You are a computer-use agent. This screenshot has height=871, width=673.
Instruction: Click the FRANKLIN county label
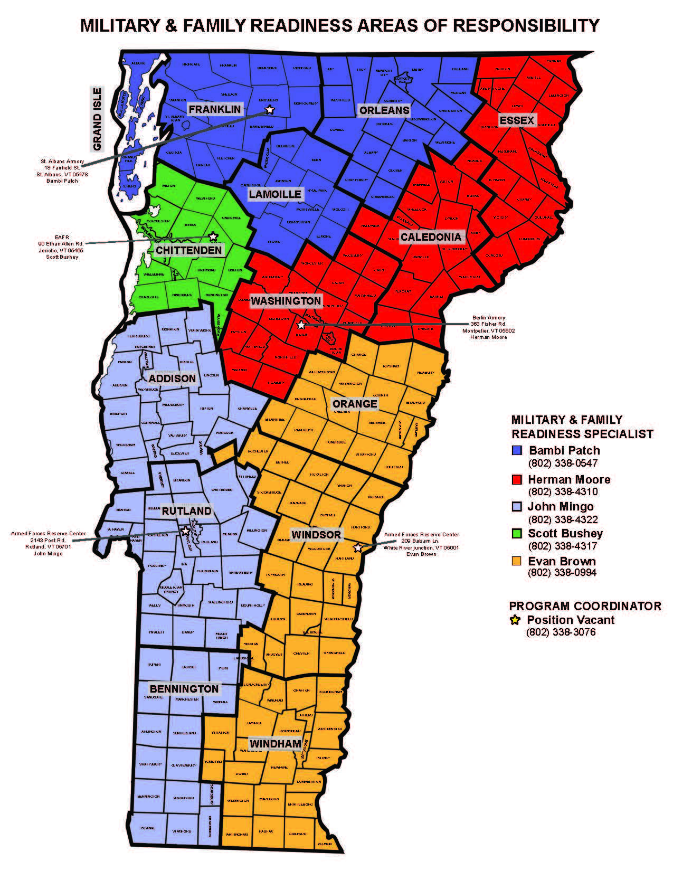click(x=215, y=109)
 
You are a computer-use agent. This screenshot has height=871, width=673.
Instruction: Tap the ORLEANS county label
click(x=384, y=110)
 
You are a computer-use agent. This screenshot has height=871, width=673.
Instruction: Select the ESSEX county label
click(x=517, y=120)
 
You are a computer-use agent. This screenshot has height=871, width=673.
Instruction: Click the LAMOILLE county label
click(x=275, y=194)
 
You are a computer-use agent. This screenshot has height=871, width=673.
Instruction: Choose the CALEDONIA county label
click(x=431, y=236)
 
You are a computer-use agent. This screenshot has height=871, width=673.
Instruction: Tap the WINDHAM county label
click(x=275, y=744)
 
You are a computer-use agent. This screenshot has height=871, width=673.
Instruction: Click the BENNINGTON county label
click(x=184, y=689)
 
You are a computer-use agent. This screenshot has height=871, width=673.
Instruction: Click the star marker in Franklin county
click(x=270, y=109)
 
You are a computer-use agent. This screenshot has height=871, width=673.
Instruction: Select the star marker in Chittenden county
click(x=213, y=236)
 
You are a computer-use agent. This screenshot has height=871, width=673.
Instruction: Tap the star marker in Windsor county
click(x=358, y=547)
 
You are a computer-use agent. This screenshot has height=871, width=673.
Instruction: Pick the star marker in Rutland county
click(x=185, y=531)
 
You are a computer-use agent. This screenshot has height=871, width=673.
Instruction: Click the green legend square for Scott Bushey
click(x=517, y=534)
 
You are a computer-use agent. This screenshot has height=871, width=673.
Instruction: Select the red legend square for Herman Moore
click(x=517, y=479)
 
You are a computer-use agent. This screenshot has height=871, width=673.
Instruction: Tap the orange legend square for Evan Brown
click(x=517, y=561)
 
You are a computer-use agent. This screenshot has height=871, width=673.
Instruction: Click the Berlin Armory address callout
click(x=488, y=327)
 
